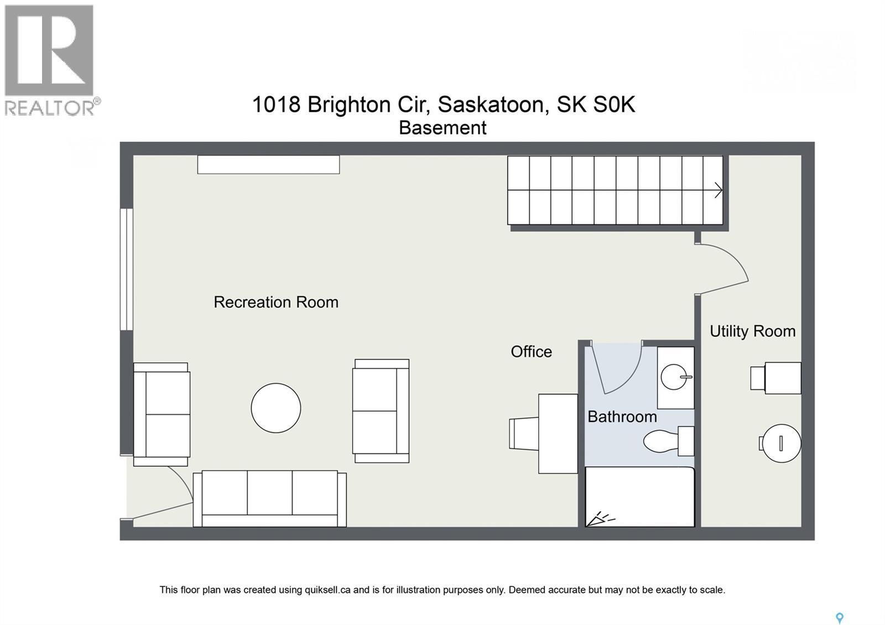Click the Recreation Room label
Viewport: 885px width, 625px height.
(275, 302)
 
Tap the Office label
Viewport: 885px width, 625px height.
(531, 352)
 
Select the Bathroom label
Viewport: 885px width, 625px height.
(622, 416)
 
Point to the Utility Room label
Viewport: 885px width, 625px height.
(752, 331)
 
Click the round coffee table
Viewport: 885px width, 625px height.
(275, 408)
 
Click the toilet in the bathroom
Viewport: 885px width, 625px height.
(664, 441)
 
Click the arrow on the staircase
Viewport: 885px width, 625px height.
(717, 190)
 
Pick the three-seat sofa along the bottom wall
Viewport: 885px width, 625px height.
(269, 498)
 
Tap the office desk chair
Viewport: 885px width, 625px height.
(523, 433)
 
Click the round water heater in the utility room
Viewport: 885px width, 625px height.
(780, 443)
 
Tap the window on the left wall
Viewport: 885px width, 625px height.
(127, 269)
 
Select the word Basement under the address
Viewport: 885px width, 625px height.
(442, 128)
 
